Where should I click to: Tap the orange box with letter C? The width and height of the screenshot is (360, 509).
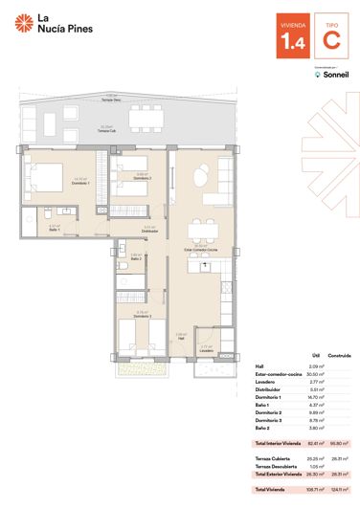(331, 37)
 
